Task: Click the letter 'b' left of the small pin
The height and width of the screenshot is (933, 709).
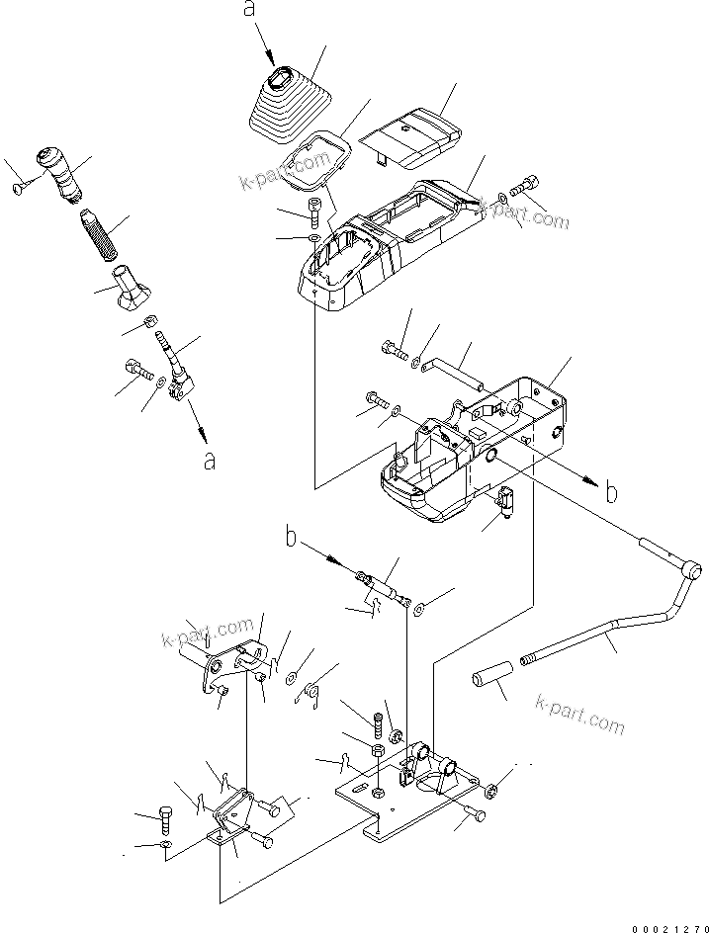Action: pos(292,539)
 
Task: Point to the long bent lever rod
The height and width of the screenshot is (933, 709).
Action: pos(603,633)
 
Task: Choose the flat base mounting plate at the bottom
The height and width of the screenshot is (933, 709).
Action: pos(415,801)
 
